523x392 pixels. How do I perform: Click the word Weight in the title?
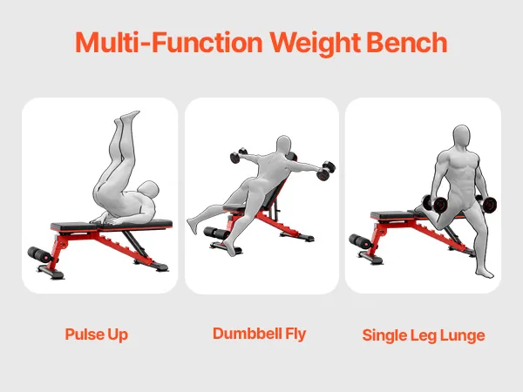coord(316,43)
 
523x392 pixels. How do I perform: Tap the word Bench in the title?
coord(406,43)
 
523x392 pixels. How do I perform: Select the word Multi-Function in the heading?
coord(169,43)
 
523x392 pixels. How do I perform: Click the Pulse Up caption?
coord(97,335)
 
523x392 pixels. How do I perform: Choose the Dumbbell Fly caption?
coord(260,334)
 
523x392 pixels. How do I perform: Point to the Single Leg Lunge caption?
coord(424,335)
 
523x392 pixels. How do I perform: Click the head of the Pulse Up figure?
coord(149,189)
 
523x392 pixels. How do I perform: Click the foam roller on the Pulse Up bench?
coord(40,254)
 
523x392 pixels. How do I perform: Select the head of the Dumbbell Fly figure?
coord(284,145)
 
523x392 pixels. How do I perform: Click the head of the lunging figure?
coord(461,136)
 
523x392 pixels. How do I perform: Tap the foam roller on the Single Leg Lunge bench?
coord(360,241)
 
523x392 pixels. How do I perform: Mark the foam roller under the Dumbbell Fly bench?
coord(217,233)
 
